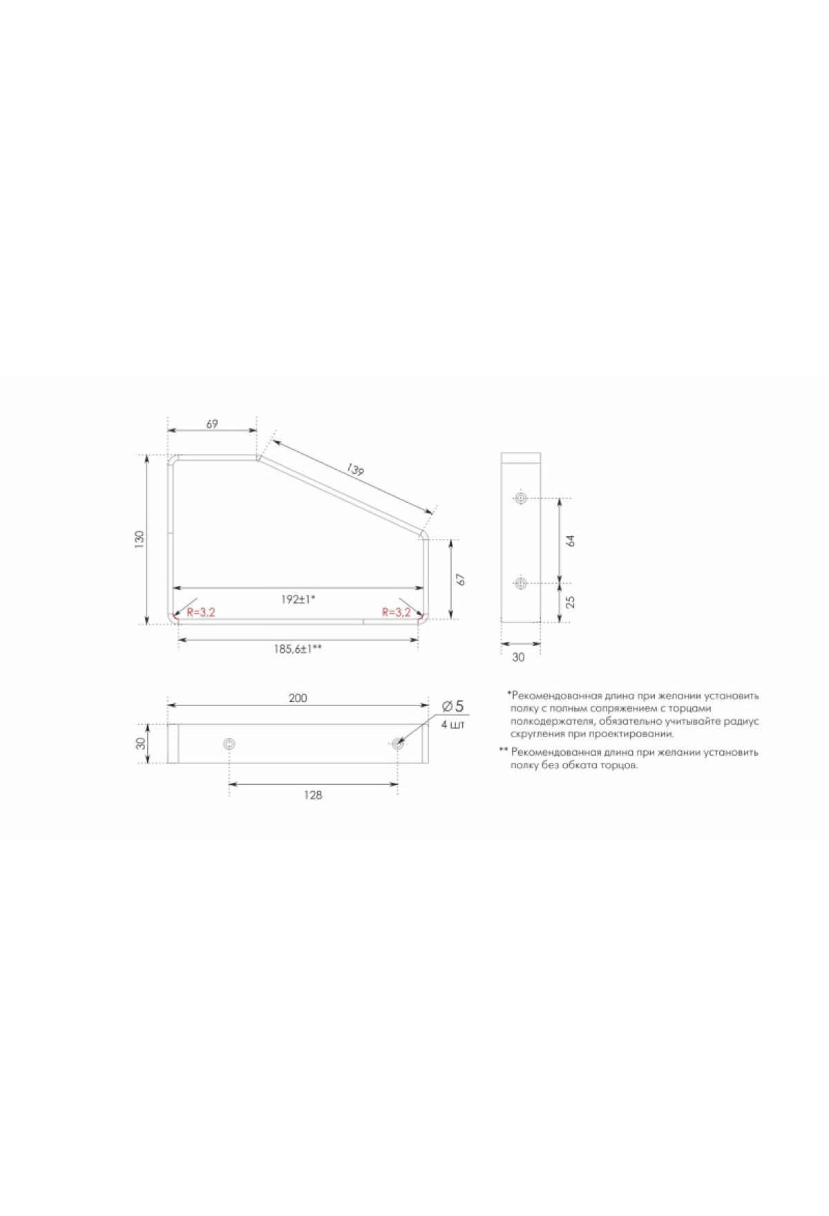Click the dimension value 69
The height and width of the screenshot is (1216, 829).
212,424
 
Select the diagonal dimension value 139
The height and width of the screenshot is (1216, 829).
355,470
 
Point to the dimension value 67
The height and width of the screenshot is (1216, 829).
461,578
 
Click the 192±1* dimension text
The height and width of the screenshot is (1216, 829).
298,599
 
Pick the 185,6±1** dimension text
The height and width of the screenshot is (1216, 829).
297,649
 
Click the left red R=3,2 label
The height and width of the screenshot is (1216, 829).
201,612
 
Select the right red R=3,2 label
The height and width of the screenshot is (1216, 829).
397,612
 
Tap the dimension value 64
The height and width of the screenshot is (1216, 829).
570,540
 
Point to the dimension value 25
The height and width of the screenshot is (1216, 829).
570,602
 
